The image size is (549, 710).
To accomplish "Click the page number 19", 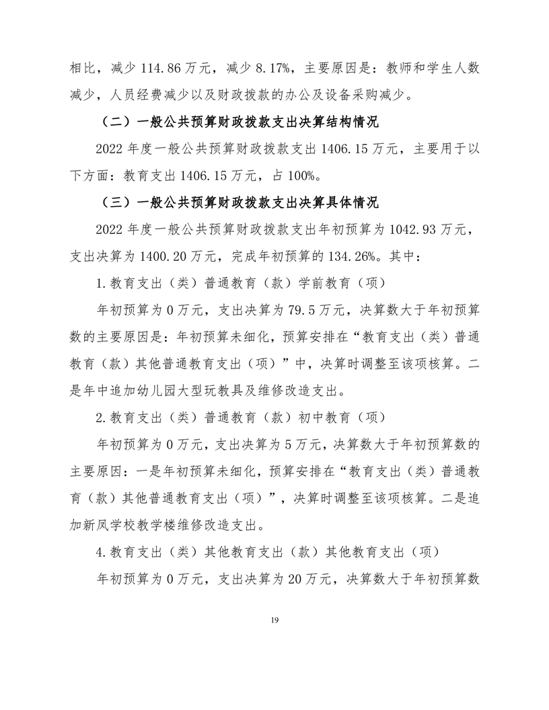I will [274, 619].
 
